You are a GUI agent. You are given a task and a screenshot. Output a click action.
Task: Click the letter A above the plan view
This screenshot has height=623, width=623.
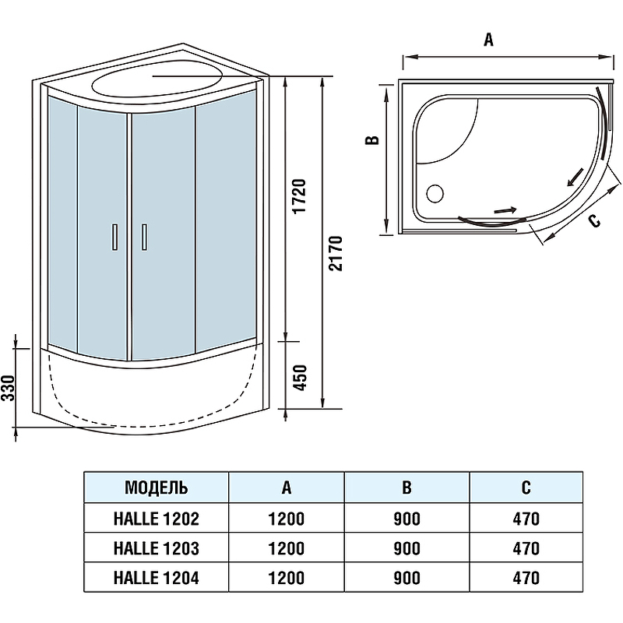tap(488, 41)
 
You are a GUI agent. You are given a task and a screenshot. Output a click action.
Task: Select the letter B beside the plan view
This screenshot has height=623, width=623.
tap(373, 140)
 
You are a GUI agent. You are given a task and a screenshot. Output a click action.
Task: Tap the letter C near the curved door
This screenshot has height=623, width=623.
tap(593, 221)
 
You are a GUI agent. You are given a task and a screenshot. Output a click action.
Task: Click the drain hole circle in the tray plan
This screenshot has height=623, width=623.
tap(434, 190)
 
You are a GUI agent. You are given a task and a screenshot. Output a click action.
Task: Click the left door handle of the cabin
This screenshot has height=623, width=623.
tap(115, 237)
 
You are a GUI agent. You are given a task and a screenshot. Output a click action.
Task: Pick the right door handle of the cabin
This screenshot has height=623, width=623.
tap(143, 237)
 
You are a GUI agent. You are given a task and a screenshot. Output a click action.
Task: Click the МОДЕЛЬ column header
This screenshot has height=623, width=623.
tap(156, 488)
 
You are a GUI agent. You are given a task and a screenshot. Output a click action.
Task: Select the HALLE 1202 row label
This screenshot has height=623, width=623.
tap(156, 519)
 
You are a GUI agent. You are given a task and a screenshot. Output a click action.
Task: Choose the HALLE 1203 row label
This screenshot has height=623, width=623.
tap(156, 548)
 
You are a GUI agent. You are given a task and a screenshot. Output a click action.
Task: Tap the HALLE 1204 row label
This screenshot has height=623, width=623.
tap(156, 578)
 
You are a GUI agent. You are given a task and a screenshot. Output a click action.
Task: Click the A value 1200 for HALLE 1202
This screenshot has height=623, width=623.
tap(287, 519)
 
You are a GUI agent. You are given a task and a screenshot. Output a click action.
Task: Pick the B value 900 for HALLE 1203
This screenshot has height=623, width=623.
tap(407, 548)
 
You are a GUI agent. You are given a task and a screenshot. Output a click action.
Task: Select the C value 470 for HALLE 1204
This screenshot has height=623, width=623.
tap(526, 578)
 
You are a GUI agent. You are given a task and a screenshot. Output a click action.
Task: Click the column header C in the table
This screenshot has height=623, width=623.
tap(526, 488)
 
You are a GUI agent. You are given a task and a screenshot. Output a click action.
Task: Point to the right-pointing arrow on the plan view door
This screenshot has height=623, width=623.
tap(505, 209)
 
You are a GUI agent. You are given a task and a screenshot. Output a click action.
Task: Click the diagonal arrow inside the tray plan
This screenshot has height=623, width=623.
tap(575, 178)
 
